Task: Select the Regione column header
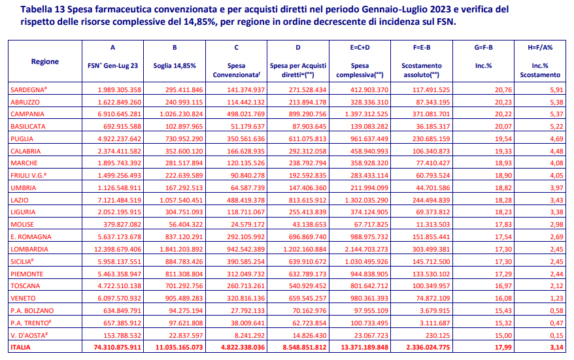click(44, 61)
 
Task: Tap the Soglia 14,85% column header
click(175, 66)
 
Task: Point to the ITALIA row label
click(20, 347)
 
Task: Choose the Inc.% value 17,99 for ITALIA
click(503, 347)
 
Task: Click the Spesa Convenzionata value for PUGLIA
click(245, 139)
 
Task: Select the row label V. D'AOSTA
click(28, 335)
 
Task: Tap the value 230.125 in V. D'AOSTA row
click(438, 335)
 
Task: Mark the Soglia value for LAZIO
click(181, 200)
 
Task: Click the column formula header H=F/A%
click(540, 48)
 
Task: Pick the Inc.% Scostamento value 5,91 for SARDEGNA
click(556, 90)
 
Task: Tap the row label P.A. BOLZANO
click(32, 310)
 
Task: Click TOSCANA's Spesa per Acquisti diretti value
click(307, 286)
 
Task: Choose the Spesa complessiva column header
click(360, 71)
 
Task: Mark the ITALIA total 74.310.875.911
click(117, 347)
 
